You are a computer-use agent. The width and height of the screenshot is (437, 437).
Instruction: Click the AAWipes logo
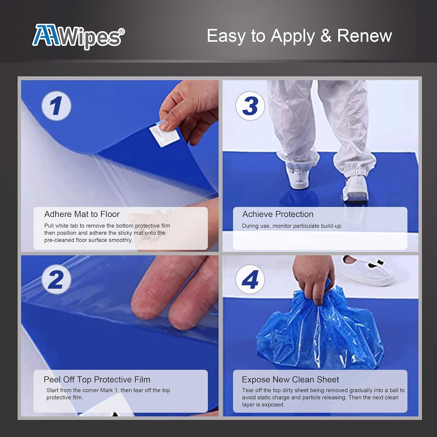click(x=78, y=36)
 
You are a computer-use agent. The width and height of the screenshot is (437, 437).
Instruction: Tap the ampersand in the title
click(x=326, y=36)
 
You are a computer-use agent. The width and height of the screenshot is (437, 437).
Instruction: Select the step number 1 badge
click(x=56, y=106)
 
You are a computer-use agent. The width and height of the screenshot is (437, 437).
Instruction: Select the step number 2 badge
click(x=56, y=279)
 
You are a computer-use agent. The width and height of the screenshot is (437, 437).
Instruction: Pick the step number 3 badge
click(x=250, y=106)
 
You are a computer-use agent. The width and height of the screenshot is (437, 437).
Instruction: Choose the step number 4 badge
click(x=250, y=279)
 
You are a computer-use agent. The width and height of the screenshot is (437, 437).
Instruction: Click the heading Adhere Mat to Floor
click(x=82, y=214)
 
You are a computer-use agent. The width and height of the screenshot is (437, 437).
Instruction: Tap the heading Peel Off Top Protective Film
click(x=97, y=380)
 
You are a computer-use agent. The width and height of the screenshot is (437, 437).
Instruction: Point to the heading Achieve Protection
click(x=278, y=214)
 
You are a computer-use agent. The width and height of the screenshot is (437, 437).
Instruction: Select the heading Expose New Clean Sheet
click(x=290, y=380)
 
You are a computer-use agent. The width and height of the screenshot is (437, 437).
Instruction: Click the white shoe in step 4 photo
click(x=367, y=269)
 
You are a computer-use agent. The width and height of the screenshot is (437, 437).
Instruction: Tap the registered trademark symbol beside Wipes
click(x=122, y=31)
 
